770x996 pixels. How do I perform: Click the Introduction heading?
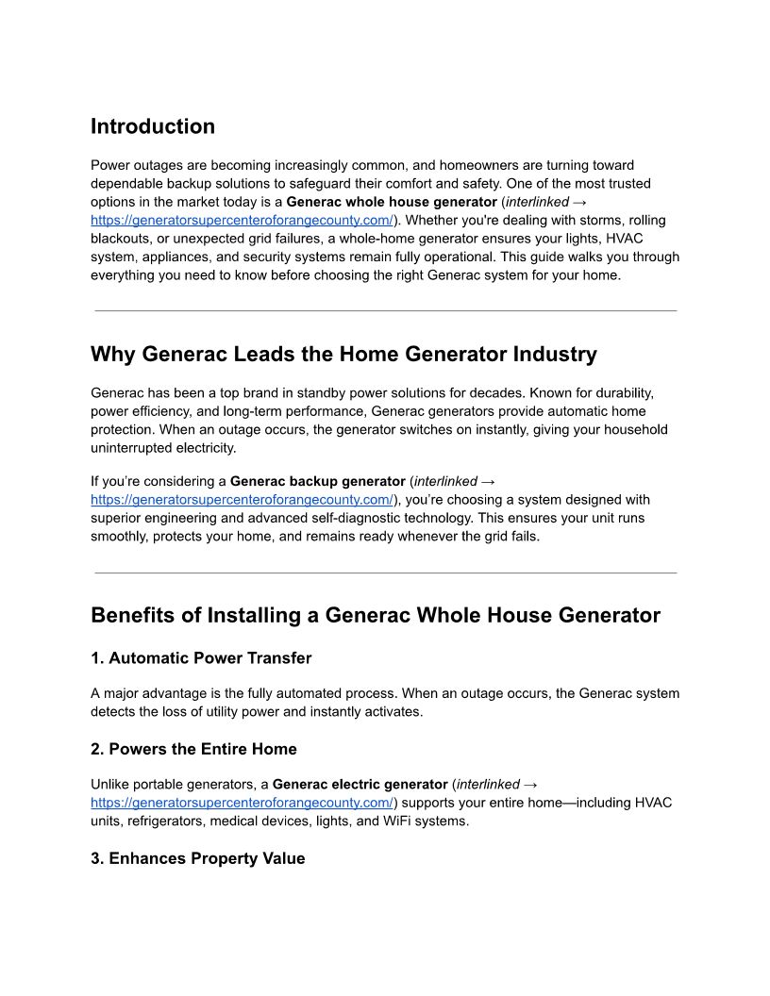pos(153,126)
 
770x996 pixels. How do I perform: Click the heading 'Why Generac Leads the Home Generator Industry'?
pos(343,355)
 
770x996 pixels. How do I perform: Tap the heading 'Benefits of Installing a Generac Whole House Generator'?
pos(376,616)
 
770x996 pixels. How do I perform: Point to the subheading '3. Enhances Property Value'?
pos(198,858)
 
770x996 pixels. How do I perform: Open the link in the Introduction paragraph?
pos(242,221)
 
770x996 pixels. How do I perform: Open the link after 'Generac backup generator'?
pos(242,500)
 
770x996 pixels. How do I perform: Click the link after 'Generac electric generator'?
pos(242,803)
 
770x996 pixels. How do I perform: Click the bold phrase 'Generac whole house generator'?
pos(392,202)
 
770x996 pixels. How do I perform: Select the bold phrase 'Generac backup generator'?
pos(318,481)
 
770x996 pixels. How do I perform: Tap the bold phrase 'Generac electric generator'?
pos(360,785)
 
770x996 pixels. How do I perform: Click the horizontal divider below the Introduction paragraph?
pos(385,310)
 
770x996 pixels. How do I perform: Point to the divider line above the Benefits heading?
pos(385,573)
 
